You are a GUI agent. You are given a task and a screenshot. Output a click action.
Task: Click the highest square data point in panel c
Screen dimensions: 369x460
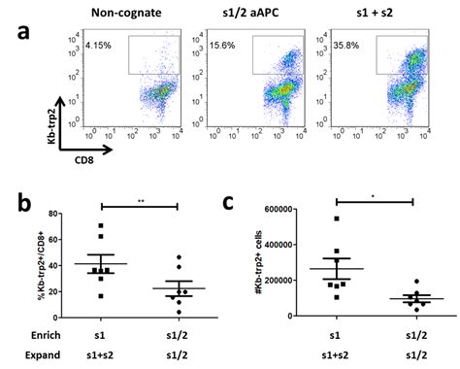click(336, 218)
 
